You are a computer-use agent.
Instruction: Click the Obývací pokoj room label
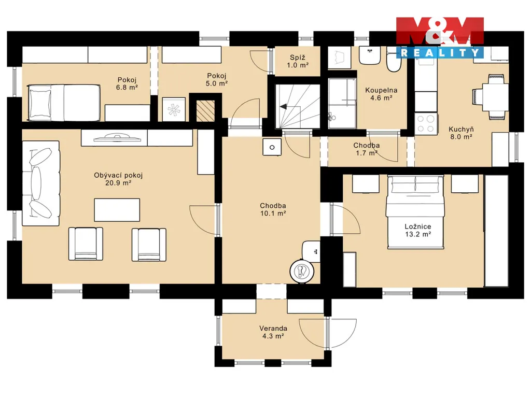[x=118, y=175]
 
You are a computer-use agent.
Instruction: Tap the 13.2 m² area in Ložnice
[x=418, y=234]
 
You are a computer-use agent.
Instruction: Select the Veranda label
[x=273, y=328]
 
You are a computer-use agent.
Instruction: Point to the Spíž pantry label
[x=298, y=57]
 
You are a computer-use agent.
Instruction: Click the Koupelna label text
[x=381, y=90]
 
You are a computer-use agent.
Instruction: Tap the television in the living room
[x=117, y=138]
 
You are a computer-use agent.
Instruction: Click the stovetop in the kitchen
[x=426, y=123]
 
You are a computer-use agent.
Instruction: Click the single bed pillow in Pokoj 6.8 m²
[x=39, y=103]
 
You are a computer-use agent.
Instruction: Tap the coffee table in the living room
[x=117, y=210]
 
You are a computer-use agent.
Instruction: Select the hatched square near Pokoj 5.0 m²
[x=205, y=111]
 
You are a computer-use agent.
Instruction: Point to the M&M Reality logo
[x=440, y=37]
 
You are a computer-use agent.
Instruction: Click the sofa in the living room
[x=41, y=183]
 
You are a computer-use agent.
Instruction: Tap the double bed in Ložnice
[x=415, y=212]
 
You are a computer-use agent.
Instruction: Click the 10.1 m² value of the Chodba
[x=273, y=213]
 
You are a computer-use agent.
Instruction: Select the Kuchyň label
[x=461, y=129]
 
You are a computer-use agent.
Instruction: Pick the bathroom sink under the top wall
[x=370, y=55]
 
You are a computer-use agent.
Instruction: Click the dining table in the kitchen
[x=495, y=97]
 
